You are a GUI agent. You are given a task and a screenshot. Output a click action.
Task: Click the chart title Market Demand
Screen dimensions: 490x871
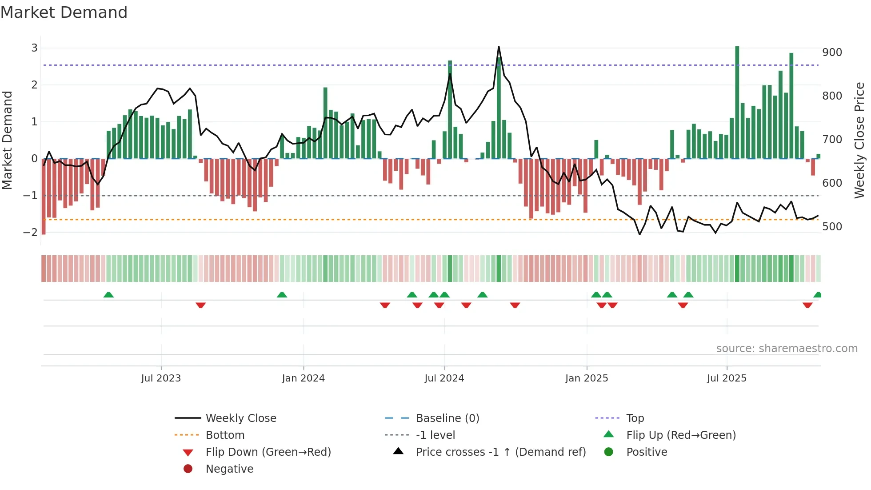pyautogui.click(x=64, y=12)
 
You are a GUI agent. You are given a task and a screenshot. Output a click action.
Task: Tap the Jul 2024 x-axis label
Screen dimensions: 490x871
pyautogui.click(x=444, y=378)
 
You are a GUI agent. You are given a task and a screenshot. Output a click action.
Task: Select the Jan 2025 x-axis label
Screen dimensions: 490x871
pyautogui.click(x=587, y=378)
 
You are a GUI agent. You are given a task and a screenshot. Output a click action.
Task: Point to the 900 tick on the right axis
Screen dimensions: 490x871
pyautogui.click(x=832, y=52)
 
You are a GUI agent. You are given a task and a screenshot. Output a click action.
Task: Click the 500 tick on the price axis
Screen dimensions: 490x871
pyautogui.click(x=832, y=227)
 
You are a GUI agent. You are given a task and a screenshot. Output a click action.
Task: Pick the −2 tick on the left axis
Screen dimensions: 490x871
pyautogui.click(x=30, y=232)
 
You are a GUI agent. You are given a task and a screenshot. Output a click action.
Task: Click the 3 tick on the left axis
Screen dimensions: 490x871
pyautogui.click(x=34, y=48)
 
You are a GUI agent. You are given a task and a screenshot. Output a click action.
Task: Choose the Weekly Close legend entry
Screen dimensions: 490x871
pyautogui.click(x=240, y=418)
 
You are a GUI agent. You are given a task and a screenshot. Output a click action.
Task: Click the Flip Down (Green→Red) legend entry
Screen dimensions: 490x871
pyautogui.click(x=268, y=452)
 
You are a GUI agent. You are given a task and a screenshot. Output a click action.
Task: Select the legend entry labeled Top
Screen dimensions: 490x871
pyautogui.click(x=635, y=418)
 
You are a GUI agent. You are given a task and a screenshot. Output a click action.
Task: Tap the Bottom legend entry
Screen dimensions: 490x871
pyautogui.click(x=225, y=435)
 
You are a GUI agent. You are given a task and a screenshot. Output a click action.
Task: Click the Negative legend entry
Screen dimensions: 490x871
pyautogui.click(x=229, y=469)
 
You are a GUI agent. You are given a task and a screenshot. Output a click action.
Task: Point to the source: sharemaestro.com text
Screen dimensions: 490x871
pyautogui.click(x=787, y=349)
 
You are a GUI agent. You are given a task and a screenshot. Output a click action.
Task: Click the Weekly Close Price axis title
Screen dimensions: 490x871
pyautogui.click(x=859, y=140)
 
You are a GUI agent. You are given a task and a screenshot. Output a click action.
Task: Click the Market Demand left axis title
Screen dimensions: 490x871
pyautogui.click(x=7, y=140)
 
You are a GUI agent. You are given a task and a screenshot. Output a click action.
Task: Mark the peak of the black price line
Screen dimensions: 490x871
pyautogui.click(x=499, y=47)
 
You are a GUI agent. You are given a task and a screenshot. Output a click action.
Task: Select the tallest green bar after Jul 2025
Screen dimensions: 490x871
pyautogui.click(x=737, y=102)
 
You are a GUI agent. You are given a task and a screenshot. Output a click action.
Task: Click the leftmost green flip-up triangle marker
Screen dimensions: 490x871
pyautogui.click(x=108, y=295)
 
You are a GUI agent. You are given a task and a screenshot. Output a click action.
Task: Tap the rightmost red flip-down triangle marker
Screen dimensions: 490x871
pyautogui.click(x=807, y=305)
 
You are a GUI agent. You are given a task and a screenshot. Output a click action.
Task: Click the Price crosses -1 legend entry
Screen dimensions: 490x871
pyautogui.click(x=500, y=452)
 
